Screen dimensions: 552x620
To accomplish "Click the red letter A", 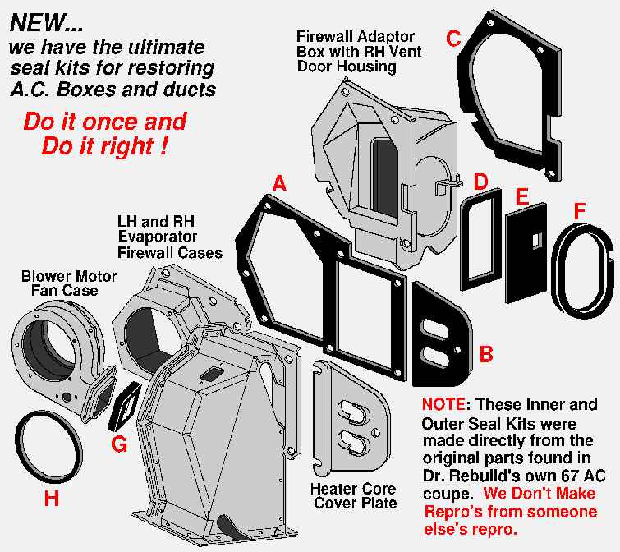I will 279,185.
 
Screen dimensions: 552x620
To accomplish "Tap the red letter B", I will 486,355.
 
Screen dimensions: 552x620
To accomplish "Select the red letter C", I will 453,39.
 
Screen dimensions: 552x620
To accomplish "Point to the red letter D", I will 481,181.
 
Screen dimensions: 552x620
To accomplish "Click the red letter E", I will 521,196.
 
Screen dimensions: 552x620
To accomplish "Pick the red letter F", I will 581,211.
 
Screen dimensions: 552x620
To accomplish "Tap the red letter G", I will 119,444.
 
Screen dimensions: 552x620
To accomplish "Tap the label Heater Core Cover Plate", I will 352,495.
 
